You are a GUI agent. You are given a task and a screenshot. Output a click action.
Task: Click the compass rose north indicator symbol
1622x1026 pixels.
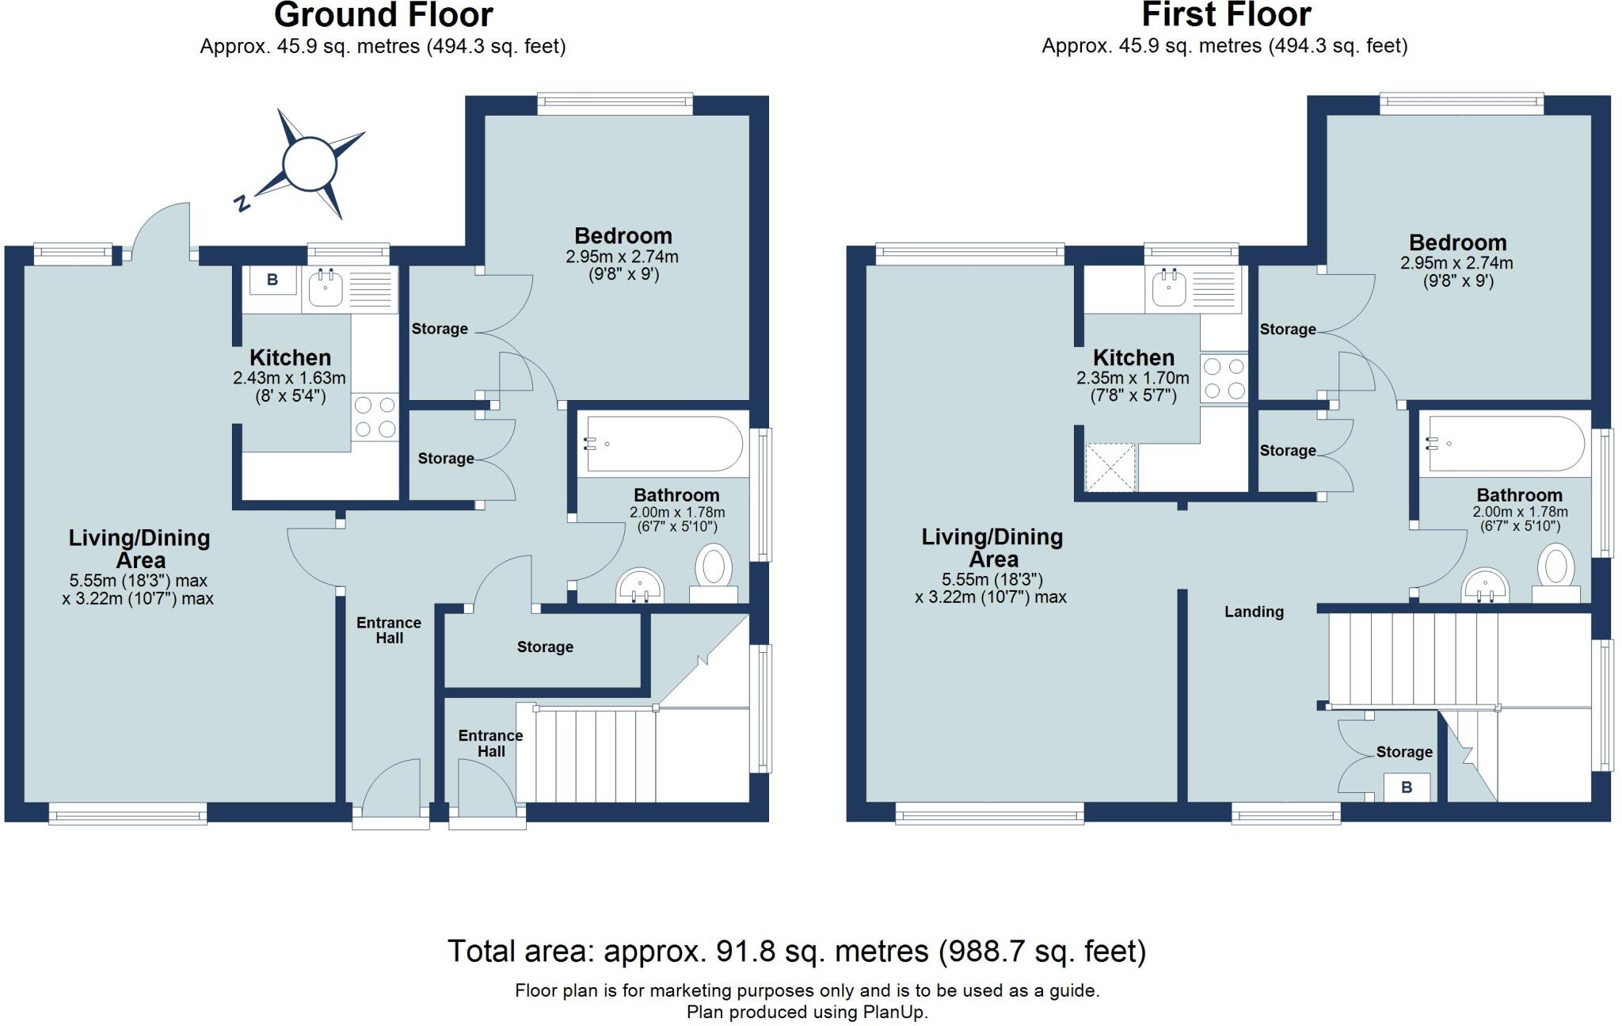tap(310, 165)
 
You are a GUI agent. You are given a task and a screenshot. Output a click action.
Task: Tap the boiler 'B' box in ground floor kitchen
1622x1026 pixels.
tap(272, 280)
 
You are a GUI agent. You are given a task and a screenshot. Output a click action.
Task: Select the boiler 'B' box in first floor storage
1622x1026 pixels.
tap(1407, 788)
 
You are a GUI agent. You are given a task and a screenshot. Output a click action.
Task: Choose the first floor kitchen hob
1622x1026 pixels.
tap(1224, 379)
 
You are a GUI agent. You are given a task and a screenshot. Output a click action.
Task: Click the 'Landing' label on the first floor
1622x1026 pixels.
tap(1254, 612)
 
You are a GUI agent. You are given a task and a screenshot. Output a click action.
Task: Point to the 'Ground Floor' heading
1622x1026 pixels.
tap(383, 15)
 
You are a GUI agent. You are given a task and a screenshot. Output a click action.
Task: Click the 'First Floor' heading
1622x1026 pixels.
tap(1226, 15)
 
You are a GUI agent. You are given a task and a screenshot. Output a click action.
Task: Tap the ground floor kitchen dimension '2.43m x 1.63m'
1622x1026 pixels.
tap(289, 379)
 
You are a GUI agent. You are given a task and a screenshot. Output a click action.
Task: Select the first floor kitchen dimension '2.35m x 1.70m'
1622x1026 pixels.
tap(1133, 379)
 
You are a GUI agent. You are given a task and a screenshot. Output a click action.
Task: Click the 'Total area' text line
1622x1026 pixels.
tap(797, 952)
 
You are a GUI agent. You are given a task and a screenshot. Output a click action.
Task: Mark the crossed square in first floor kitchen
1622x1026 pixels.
tap(1110, 467)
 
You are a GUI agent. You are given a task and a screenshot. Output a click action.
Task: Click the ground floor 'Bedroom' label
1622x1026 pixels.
tap(623, 235)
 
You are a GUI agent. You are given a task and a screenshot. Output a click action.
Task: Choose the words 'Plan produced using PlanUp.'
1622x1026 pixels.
tap(807, 1012)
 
